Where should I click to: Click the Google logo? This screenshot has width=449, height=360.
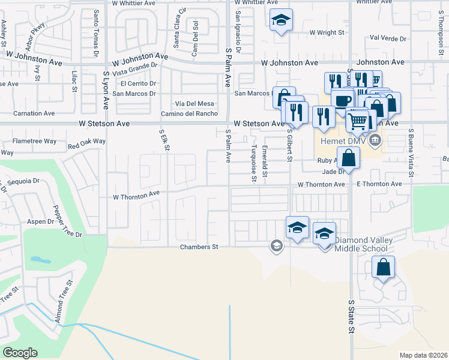[x=20, y=353]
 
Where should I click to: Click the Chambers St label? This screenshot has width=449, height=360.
[x=199, y=247]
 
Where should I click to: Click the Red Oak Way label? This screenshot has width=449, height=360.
[x=86, y=143]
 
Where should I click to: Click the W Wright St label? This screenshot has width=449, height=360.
[x=329, y=32]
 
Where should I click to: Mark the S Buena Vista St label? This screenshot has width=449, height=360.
[x=412, y=154]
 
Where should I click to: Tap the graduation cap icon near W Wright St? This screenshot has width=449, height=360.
[x=281, y=20]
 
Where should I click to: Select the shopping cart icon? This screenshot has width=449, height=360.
[x=358, y=121]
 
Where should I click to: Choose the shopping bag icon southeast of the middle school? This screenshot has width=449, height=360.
[x=383, y=268]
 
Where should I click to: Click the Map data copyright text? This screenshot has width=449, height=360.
[x=423, y=355]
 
